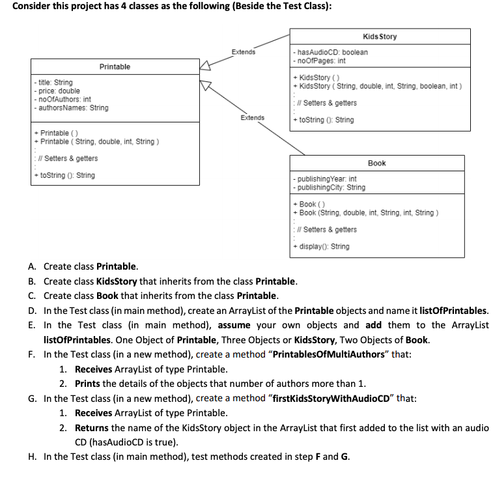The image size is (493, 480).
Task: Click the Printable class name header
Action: coord(115,66)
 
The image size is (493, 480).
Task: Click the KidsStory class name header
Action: coord(380,36)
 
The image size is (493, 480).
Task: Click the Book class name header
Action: coord(376,163)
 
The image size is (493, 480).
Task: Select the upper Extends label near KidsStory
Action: coord(243,51)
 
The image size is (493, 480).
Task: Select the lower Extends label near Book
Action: coord(252,118)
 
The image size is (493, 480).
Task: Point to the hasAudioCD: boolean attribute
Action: coord(331,52)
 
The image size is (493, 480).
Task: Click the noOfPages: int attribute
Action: coord(321,61)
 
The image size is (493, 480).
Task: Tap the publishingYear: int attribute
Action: coord(326,178)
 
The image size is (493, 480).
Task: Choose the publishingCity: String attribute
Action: coord(330,187)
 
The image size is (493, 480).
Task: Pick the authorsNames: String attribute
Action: coord(72,107)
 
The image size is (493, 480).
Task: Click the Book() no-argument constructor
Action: coord(309,205)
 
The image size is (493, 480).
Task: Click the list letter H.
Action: coord(32,456)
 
